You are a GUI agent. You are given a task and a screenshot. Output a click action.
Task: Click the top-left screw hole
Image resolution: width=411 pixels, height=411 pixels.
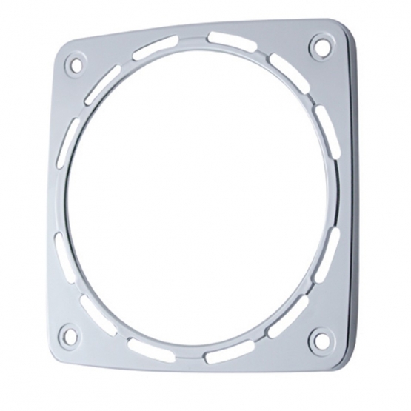[x=74, y=64]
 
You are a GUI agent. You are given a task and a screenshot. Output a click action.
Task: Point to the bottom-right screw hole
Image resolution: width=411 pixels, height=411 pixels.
[x=320, y=340]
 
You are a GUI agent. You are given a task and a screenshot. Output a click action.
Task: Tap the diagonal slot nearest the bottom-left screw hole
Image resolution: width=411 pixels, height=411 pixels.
[x=93, y=305]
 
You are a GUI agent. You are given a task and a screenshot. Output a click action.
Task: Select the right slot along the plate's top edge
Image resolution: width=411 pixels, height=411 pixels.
[x=228, y=39]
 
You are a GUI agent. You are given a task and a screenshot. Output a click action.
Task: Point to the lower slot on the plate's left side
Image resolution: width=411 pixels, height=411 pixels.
[x=59, y=248]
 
